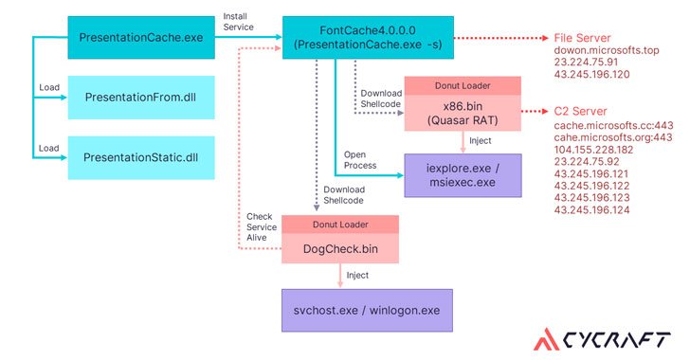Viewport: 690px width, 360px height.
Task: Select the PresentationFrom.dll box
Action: pos(145,98)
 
